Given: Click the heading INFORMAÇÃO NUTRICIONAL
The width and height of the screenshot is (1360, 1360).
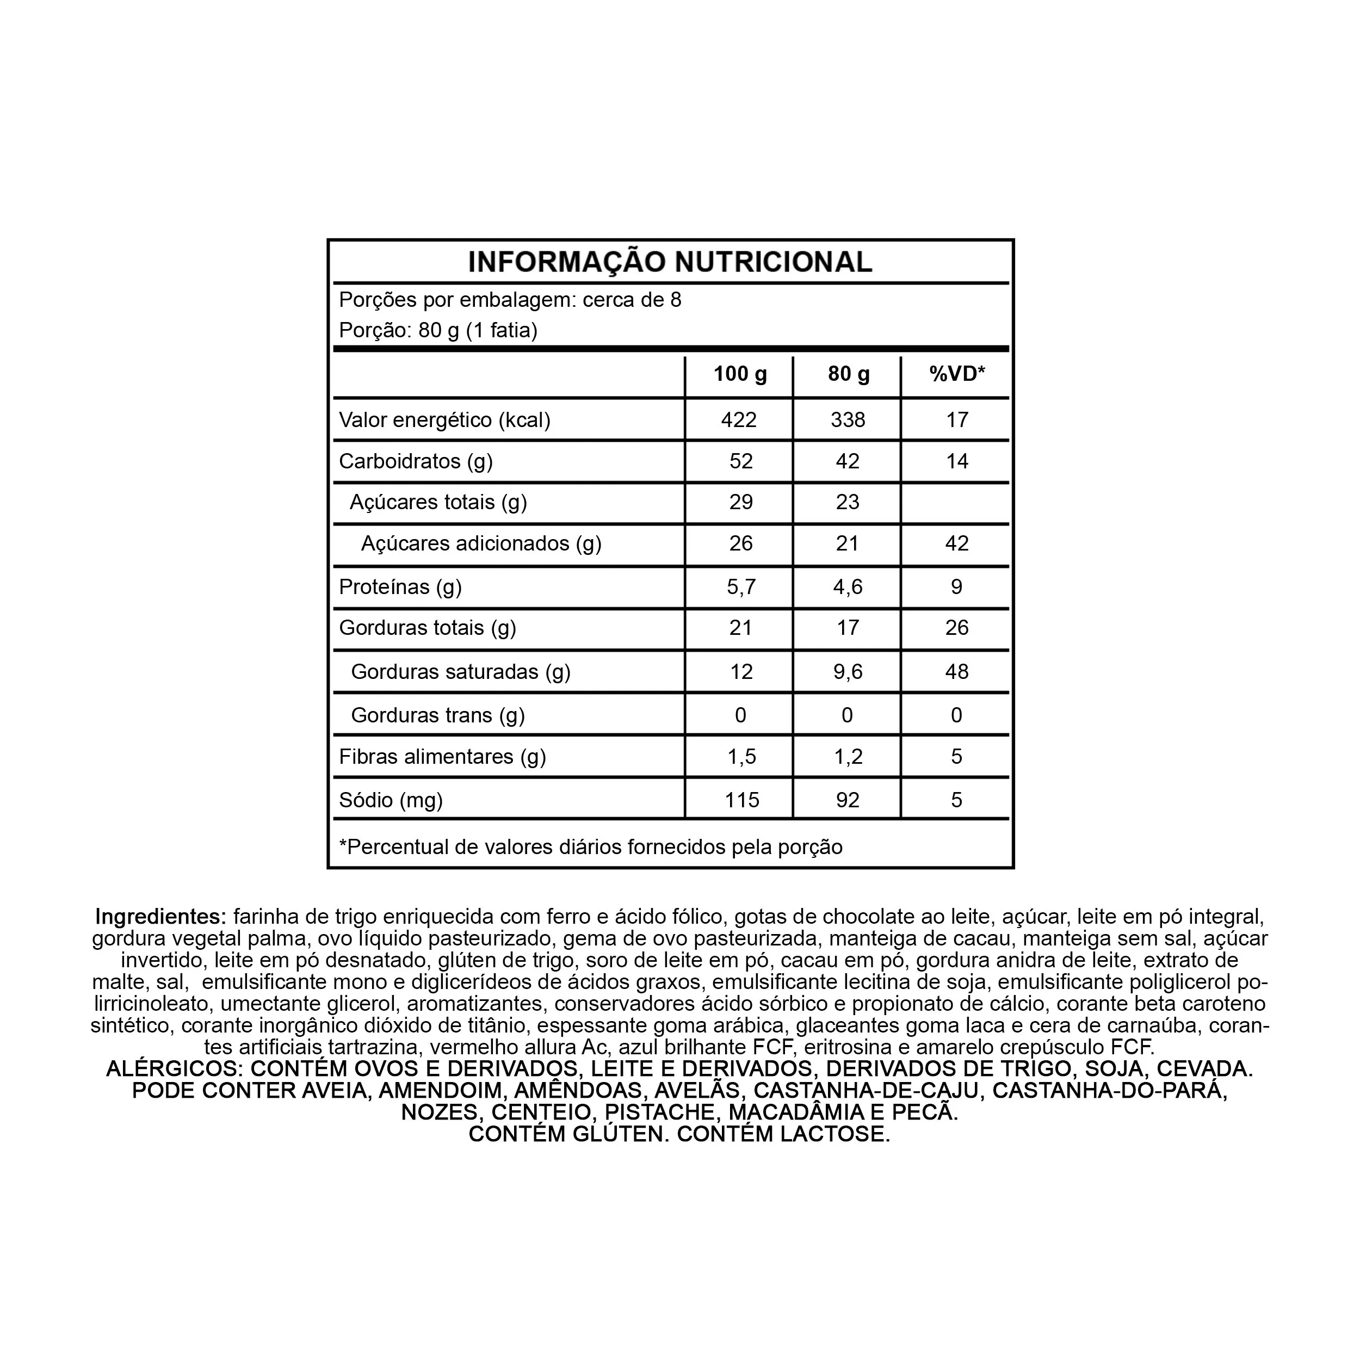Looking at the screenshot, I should pos(670,262).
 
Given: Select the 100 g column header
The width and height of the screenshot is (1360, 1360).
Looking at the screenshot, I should pos(740,374).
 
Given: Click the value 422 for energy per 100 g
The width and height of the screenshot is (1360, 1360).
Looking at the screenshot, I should pos(739,421).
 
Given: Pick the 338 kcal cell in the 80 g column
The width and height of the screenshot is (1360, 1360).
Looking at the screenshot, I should pos(848,421).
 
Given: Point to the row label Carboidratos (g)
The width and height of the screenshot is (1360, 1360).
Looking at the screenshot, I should pos(415,461).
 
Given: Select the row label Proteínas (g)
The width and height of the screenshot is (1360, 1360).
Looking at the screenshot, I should pos(400,587).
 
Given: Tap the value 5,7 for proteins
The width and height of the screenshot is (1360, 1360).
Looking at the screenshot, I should pos(740,587).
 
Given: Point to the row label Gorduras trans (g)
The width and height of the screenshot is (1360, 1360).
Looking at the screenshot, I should pos(438,715).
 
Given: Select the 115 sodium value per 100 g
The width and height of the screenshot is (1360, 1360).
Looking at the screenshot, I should pos(742,800).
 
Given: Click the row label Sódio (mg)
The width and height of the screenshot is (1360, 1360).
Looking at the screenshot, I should pos(391,800).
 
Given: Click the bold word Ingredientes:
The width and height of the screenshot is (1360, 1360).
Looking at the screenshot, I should pos(160,917).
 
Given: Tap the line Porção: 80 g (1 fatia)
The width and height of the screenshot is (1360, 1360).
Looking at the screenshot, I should pos(438,330).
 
